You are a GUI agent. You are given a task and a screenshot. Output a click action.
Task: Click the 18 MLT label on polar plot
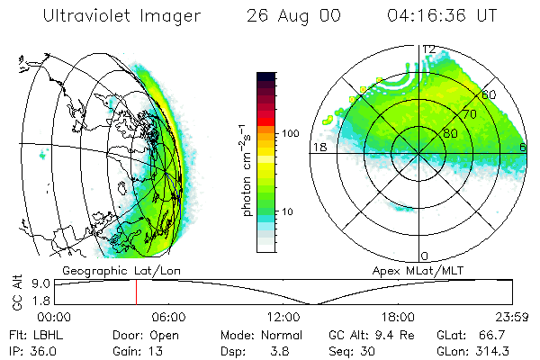tap(318, 147)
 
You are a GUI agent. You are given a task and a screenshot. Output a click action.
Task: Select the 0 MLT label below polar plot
tap(424, 256)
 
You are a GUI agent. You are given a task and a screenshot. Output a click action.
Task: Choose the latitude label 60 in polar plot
tap(489, 94)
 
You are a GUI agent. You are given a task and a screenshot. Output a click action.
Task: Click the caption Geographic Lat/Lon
tap(113, 270)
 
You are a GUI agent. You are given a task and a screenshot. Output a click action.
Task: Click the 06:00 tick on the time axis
tap(168, 317)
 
